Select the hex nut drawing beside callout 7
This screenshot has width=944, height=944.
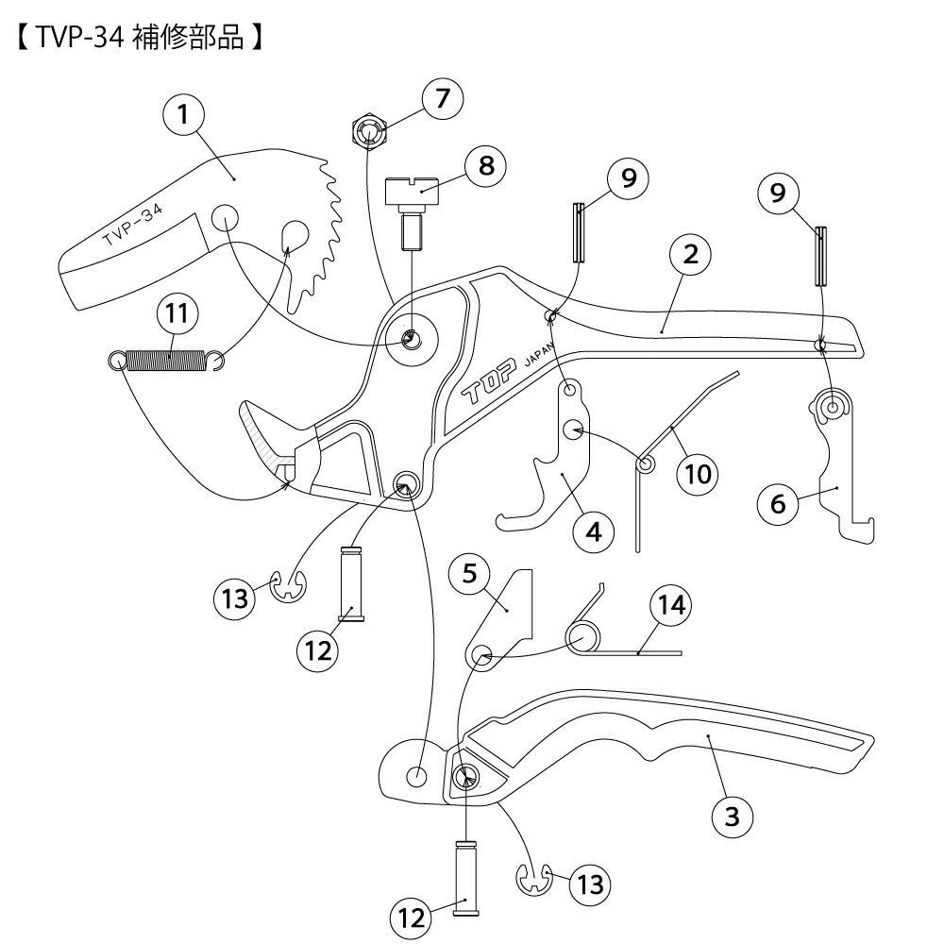(371, 131)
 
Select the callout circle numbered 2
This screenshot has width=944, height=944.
(690, 253)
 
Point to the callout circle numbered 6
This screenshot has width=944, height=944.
(779, 503)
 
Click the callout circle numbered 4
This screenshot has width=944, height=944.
(593, 531)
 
